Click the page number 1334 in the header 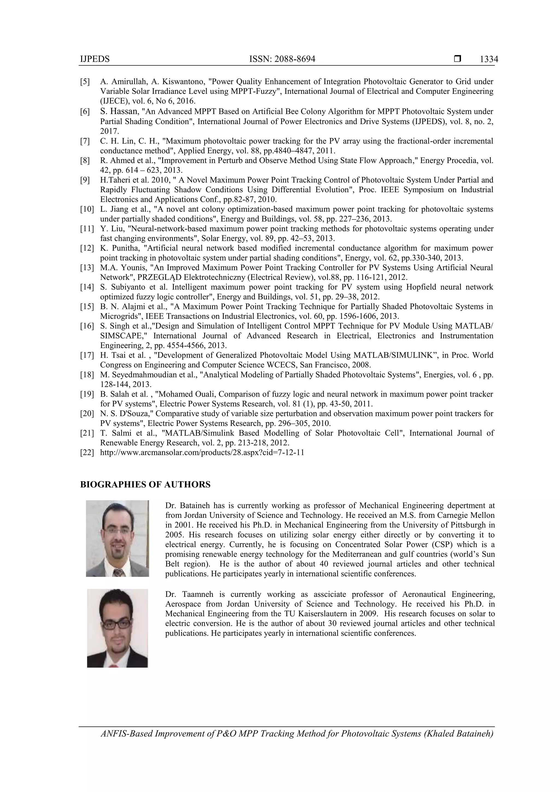pos(489,59)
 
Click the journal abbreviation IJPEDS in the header pos(95,59)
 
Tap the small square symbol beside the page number pos(457,59)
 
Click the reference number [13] pos(87,268)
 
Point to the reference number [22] pos(87,452)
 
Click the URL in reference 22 pos(202,452)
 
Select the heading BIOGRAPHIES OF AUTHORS pos(145,485)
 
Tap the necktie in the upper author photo pos(119,573)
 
